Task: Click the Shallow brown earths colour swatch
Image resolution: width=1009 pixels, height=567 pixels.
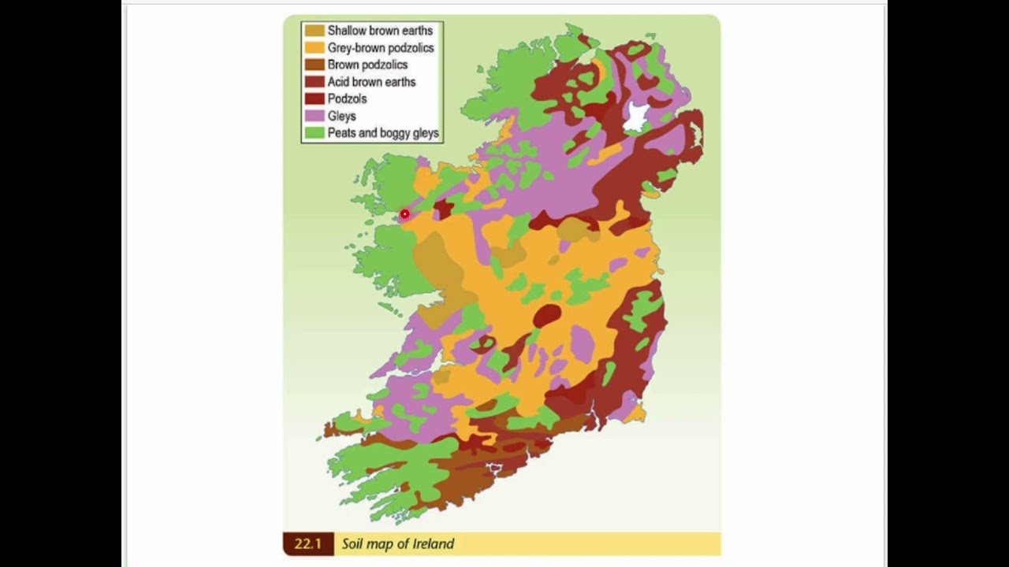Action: pos(315,31)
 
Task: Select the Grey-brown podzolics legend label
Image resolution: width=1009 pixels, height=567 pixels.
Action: pos(380,48)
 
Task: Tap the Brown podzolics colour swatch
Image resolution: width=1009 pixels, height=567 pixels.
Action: pos(315,65)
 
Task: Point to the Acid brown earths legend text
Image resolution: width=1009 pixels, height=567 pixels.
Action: pos(371,82)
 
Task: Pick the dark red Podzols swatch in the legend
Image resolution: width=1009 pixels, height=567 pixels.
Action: pos(315,99)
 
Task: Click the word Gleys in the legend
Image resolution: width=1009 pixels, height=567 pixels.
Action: pos(341,116)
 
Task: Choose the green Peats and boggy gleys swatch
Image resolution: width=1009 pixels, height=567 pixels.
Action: pos(315,133)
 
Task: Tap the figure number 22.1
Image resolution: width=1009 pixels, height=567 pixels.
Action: pos(307,544)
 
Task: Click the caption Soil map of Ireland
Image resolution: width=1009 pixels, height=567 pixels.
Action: pos(397,544)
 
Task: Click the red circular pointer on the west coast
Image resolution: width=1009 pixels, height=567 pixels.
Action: pos(404,214)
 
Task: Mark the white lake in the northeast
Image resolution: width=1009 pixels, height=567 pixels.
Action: pos(635,118)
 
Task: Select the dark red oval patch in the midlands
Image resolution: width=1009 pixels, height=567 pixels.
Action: pos(547,316)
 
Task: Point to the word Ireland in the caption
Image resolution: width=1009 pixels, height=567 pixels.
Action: pos(433,544)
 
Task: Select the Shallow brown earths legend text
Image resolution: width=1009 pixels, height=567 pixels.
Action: pos(380,31)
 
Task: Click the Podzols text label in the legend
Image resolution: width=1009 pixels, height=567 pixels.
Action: pos(347,99)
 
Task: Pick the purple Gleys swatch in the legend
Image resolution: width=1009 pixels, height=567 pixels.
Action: pos(315,116)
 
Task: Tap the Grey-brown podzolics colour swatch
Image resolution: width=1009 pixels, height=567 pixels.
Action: pos(315,48)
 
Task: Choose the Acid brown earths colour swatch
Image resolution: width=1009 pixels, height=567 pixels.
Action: pos(315,82)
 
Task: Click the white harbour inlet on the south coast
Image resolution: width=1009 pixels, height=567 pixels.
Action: pos(493,469)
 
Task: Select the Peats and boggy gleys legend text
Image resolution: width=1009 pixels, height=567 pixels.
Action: pos(383,133)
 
